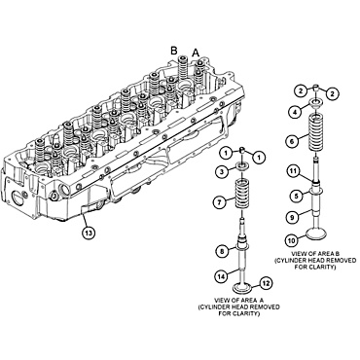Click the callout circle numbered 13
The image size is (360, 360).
(x=88, y=234)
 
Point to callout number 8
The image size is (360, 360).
(x=223, y=252)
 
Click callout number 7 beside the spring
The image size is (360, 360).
(x=222, y=201)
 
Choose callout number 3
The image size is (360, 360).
(x=222, y=172)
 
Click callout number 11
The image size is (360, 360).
(x=293, y=171)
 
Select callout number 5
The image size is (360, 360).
(x=293, y=195)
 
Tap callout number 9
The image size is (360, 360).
(x=293, y=217)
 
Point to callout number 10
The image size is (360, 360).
(x=290, y=240)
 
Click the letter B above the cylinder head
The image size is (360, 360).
(x=174, y=48)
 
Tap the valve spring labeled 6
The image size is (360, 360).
(x=318, y=130)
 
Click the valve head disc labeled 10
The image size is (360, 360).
(x=318, y=234)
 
